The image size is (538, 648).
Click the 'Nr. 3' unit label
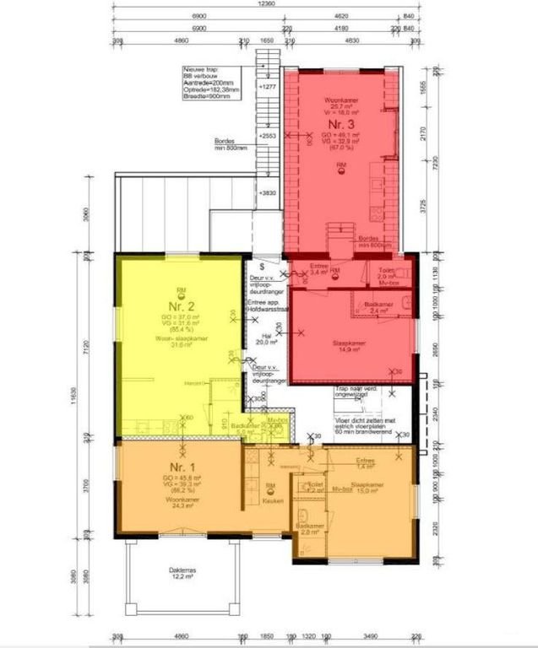(x=340, y=129)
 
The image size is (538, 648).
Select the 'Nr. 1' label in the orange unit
(x=177, y=467)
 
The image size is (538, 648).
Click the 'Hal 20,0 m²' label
(x=266, y=340)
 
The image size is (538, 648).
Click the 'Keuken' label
(x=271, y=501)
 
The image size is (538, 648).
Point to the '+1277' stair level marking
(x=269, y=88)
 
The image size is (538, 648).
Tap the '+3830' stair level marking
(x=269, y=194)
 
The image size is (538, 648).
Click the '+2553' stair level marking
(x=269, y=136)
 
